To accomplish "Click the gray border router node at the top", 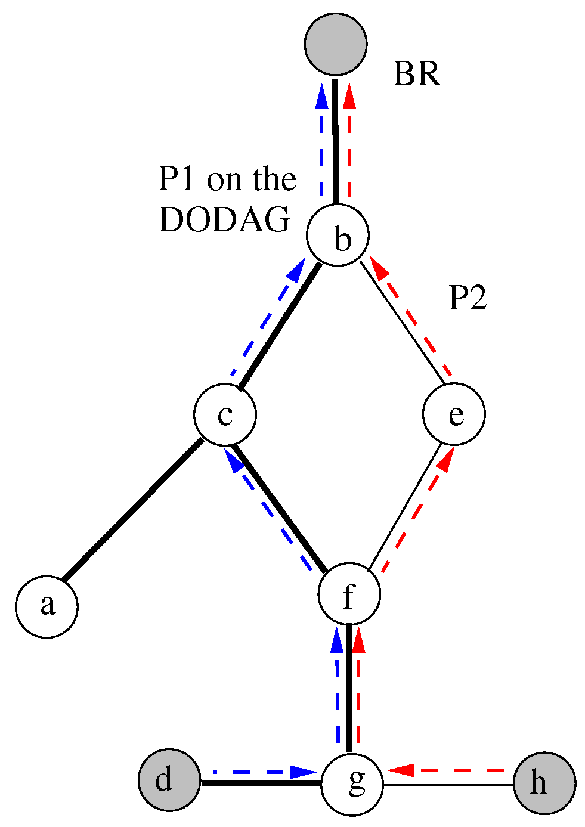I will pos(335,44).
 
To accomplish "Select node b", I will pos(338,236).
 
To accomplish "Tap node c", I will pos(225,414).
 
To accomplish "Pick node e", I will pos(454,414).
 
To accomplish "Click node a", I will pos(47,606).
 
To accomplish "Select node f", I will pos(349,595).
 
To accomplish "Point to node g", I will pos(352,784).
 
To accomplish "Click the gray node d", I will pos(169,780).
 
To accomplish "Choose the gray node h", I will pos(544,783).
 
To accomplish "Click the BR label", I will pos(416,75).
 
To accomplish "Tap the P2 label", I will pos(468,298).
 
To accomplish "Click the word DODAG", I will pos(224,220).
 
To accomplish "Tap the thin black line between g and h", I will pos(448,785).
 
